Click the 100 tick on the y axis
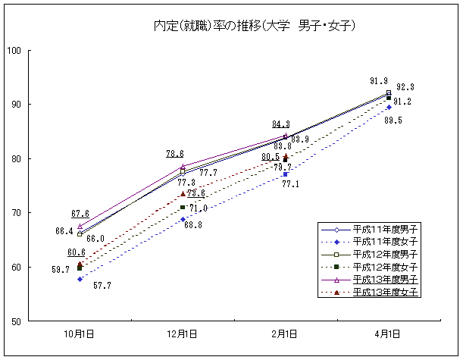(x=14, y=51)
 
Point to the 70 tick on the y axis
(x=16, y=213)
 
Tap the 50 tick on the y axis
(x=16, y=321)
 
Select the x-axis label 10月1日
(x=80, y=333)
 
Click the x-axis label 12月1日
(x=182, y=333)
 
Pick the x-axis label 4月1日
(x=387, y=333)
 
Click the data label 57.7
(x=103, y=286)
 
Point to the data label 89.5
(x=393, y=121)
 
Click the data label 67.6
(x=80, y=214)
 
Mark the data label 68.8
(x=192, y=224)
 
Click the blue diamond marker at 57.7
(x=80, y=279)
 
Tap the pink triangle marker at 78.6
(x=183, y=166)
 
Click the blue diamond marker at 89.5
(x=389, y=108)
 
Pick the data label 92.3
(x=405, y=87)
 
